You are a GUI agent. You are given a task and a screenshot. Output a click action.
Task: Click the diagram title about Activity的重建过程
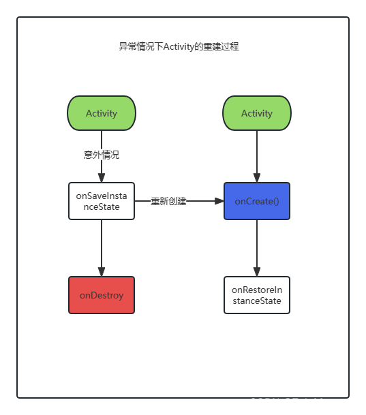[x=179, y=47]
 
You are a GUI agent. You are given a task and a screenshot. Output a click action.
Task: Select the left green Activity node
[x=102, y=113]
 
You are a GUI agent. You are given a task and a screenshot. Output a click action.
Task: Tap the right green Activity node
[x=257, y=113]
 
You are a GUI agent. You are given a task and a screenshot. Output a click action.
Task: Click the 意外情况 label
[x=102, y=155]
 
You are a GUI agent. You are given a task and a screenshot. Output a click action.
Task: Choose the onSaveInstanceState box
[x=102, y=201]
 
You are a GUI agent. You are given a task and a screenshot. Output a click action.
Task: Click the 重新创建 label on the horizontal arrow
[x=168, y=202]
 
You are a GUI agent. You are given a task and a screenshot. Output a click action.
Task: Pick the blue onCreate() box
[x=257, y=201]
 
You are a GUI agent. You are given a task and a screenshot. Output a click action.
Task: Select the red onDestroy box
[x=102, y=295]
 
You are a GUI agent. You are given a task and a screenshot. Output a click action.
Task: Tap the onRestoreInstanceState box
[x=257, y=295]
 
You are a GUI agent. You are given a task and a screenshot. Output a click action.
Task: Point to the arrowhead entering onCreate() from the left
[x=219, y=201]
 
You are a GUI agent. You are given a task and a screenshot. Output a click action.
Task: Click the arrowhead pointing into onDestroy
[x=102, y=271]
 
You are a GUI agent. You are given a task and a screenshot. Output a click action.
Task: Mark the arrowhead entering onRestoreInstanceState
[x=257, y=271]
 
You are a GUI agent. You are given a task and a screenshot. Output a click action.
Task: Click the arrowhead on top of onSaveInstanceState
[x=102, y=177]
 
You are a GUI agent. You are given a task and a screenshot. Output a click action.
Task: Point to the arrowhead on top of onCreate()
[x=257, y=177]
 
